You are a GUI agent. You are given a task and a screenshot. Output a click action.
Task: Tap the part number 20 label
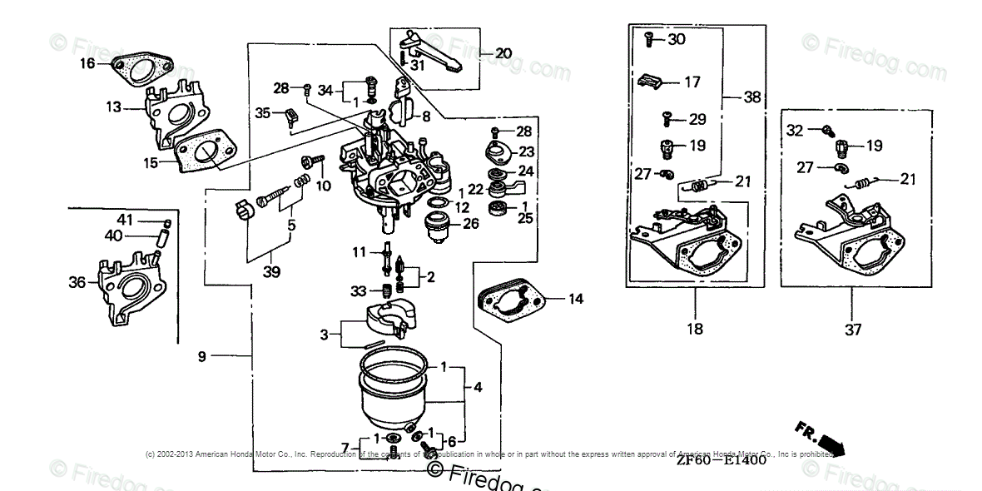coord(503,53)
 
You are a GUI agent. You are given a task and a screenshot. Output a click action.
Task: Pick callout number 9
coord(201,356)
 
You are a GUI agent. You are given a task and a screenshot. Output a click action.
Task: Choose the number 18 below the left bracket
coord(695,329)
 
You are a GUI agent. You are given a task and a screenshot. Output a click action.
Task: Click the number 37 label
coord(851,330)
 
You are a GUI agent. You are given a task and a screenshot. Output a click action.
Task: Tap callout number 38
coord(752,97)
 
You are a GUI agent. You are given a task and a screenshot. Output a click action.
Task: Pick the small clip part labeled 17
coord(653,82)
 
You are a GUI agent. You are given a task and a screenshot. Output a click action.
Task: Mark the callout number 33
coord(358,290)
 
